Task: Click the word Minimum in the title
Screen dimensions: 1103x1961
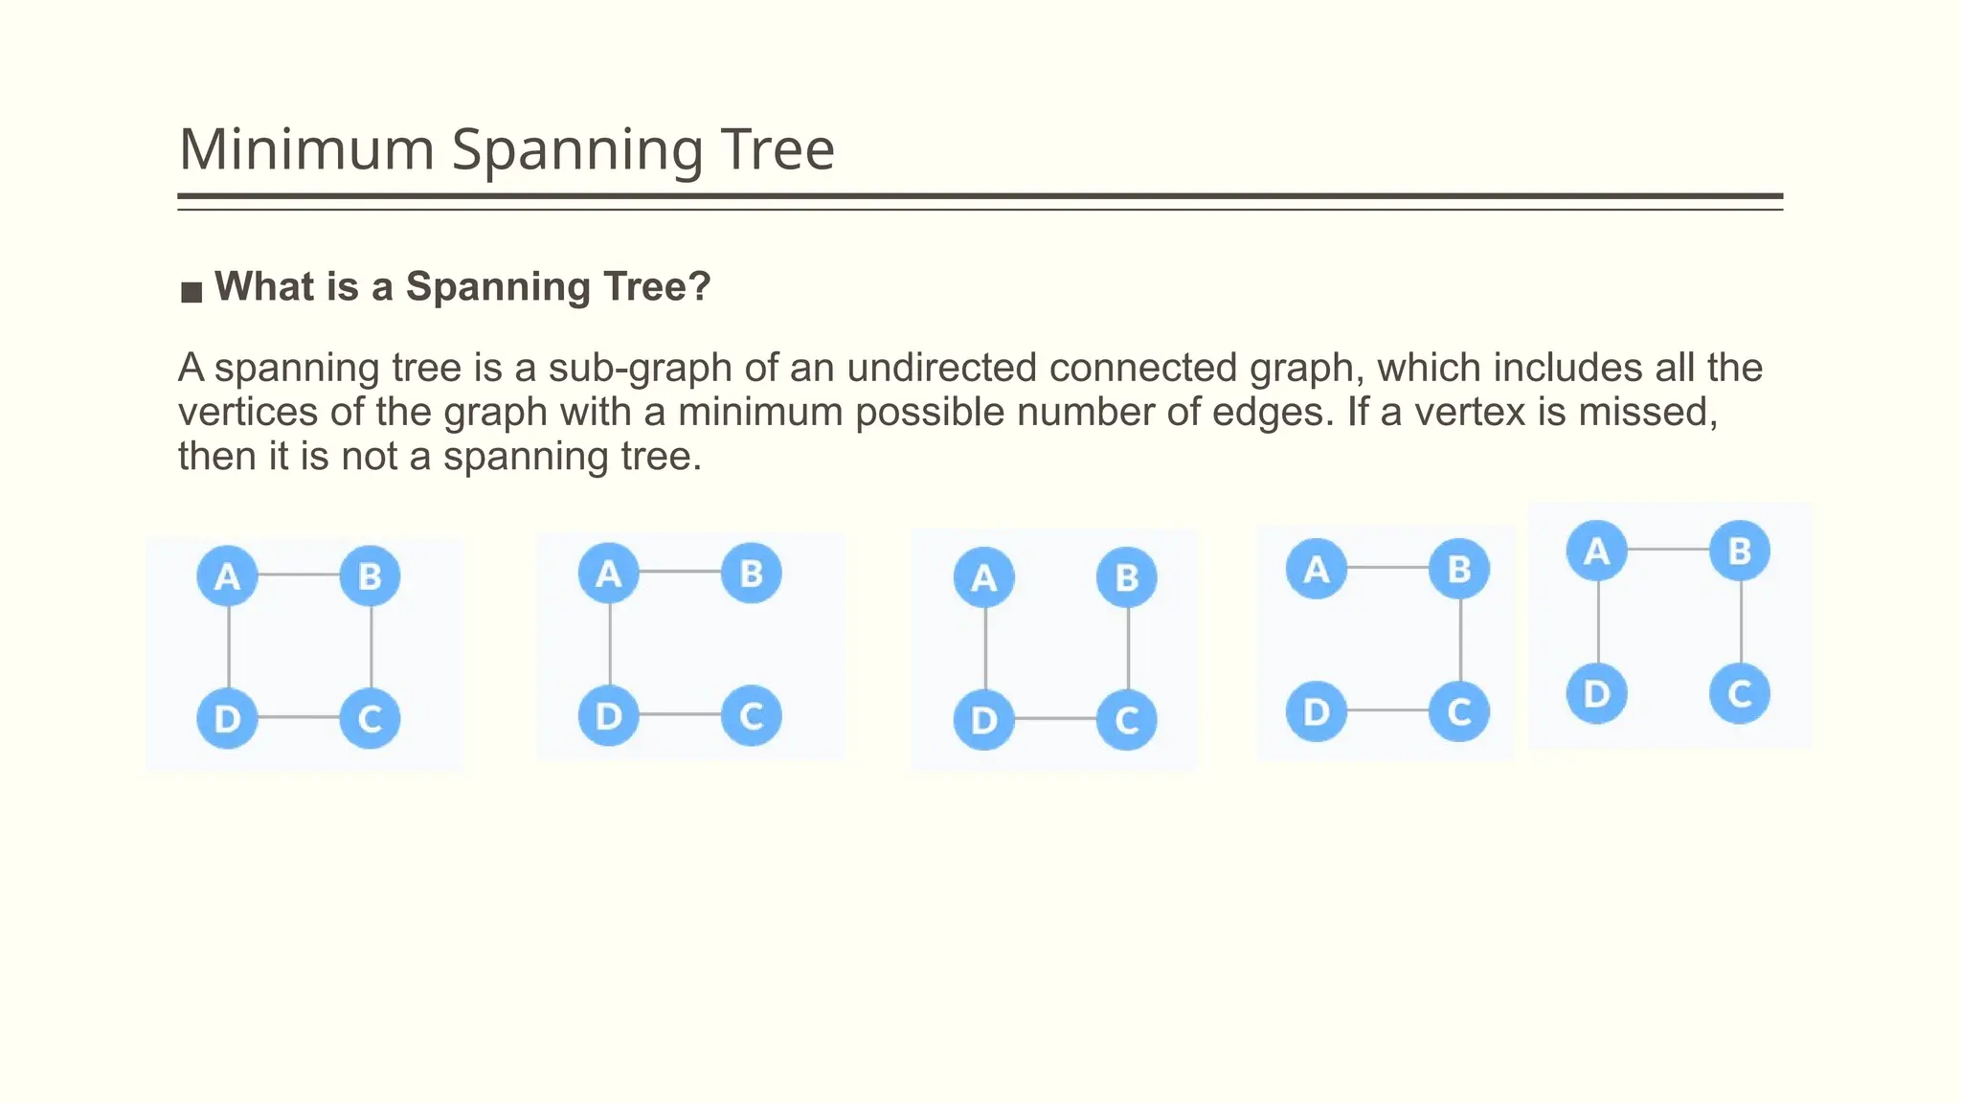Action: tap(306, 150)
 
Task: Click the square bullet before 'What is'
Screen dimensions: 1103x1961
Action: tap(192, 291)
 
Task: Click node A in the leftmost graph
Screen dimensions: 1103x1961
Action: tap(227, 576)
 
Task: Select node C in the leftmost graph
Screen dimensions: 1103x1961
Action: tap(370, 718)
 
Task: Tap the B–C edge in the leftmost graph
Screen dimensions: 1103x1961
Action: tap(371, 647)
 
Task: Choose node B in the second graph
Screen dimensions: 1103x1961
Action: tap(752, 574)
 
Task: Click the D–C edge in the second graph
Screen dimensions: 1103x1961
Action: tap(680, 714)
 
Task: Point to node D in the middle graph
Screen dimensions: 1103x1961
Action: tap(984, 720)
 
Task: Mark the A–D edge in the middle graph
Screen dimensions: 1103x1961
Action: tap(985, 648)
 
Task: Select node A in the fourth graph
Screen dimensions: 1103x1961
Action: tap(1317, 569)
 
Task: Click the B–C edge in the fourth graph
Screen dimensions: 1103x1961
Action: tap(1460, 640)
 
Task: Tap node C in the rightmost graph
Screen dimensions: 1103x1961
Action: tap(1740, 694)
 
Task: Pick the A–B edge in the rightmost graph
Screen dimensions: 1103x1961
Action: tap(1668, 550)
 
